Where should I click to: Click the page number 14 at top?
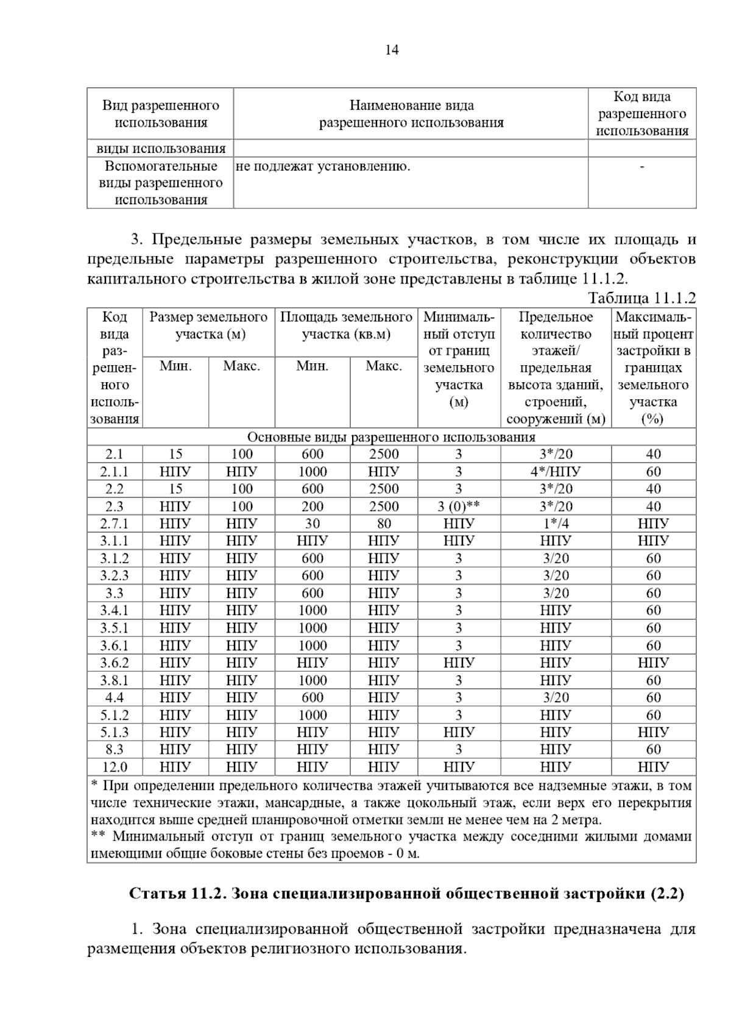coord(392,51)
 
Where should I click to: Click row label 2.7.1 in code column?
coord(115,524)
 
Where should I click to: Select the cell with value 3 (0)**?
coord(459,507)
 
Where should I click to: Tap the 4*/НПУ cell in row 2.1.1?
coord(555,472)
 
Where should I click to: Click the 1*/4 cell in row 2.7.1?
coord(555,524)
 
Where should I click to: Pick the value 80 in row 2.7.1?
coord(384,524)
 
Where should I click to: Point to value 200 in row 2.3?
coord(313,507)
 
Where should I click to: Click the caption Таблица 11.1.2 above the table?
coord(641,298)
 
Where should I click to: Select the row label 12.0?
coord(115,767)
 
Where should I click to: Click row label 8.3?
coord(115,750)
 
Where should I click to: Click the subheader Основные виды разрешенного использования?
coord(391,437)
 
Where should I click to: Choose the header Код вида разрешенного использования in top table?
coord(642,114)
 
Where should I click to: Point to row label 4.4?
coord(115,697)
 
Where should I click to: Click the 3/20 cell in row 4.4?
coord(555,697)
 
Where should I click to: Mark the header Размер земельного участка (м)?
coord(208,325)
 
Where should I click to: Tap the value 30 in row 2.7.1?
coord(313,524)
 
